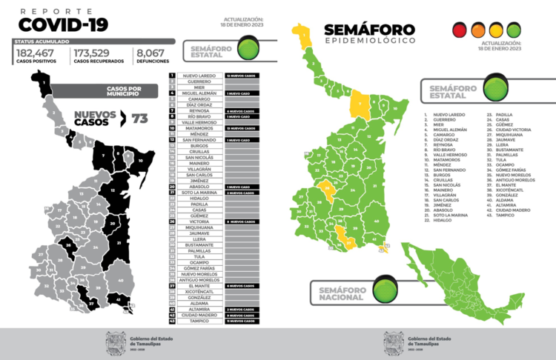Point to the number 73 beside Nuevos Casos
point(139,118)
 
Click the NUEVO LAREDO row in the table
point(198,76)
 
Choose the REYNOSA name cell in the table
point(198,110)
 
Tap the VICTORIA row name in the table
point(198,221)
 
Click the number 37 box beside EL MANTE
point(172,286)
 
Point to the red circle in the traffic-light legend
point(460,30)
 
